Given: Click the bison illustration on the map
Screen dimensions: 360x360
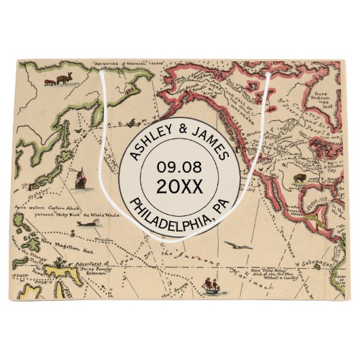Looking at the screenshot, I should (300, 178).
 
